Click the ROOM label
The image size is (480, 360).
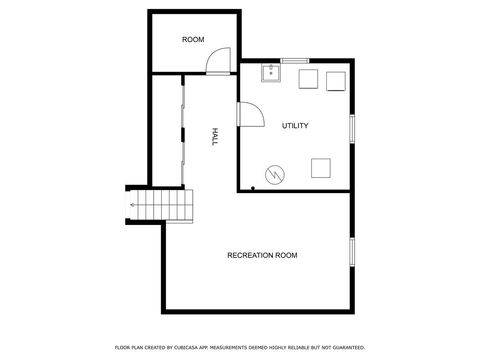pos(193,40)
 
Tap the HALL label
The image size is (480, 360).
pos(214,137)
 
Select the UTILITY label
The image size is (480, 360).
pos(295,126)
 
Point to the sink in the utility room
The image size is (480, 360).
pos(270,73)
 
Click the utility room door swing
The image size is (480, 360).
pos(250,114)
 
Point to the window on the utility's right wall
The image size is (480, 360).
pos(351,128)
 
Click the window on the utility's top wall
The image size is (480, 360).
pos(294,62)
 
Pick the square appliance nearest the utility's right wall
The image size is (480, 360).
pos(335,81)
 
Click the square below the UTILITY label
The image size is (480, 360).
pos(322,167)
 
